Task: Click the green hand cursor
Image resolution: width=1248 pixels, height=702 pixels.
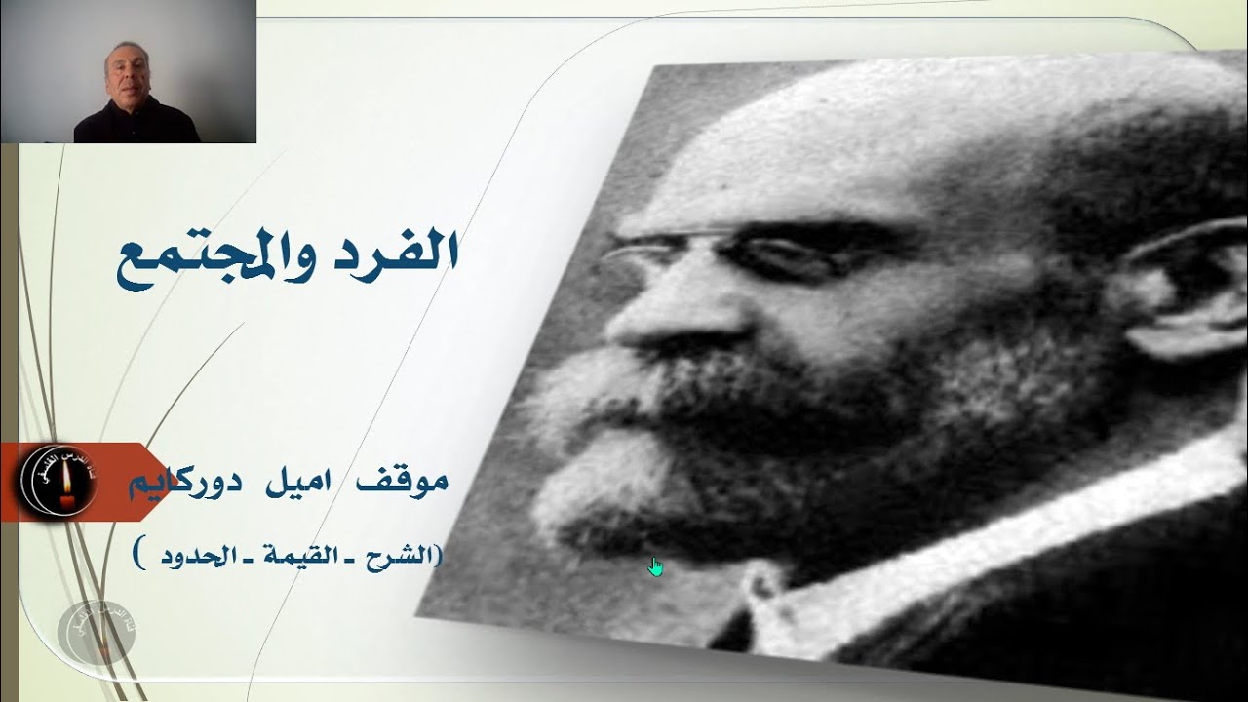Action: point(655,566)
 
